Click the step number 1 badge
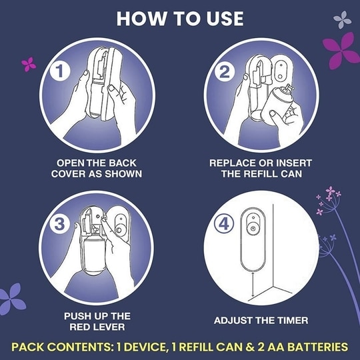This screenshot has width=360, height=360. tap(59, 71)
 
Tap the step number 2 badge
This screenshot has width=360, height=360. tap(224, 72)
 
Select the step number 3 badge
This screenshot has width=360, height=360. tap(60, 224)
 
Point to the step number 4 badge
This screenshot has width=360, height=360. tap(224, 224)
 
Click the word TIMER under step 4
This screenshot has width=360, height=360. tap(292, 321)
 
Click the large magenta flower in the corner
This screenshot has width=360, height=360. tap(341, 51)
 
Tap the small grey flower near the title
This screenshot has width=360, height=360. tap(342, 20)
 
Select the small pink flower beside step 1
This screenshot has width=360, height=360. tap(29, 65)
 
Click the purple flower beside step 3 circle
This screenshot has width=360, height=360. tap(12, 299)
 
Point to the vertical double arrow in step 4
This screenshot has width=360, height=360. tap(253, 285)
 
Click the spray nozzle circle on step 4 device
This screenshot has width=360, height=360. tap(253, 229)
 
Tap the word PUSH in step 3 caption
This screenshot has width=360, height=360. tap(75, 316)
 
